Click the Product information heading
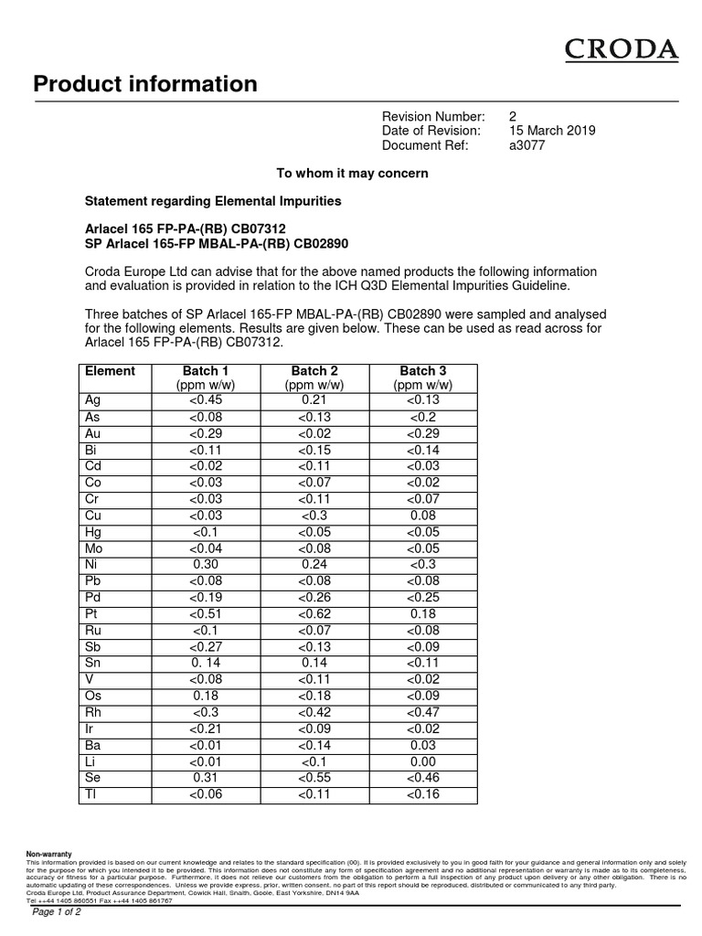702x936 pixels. click(x=145, y=85)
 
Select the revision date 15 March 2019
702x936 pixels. click(x=552, y=131)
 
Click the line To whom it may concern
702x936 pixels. click(x=352, y=173)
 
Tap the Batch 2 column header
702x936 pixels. click(x=314, y=371)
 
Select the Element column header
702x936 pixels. click(x=110, y=371)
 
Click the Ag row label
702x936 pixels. click(x=92, y=400)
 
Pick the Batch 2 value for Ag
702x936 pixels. click(x=314, y=400)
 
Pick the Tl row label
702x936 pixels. click(x=90, y=794)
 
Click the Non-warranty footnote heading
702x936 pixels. click(x=48, y=854)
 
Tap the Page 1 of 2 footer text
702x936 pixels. click(x=57, y=912)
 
